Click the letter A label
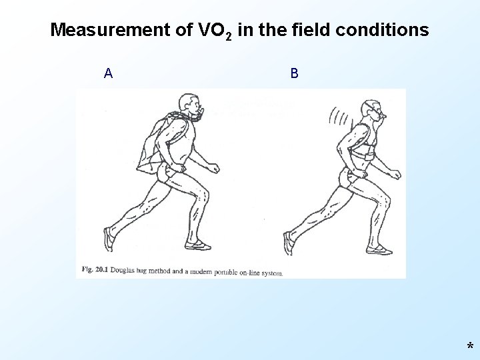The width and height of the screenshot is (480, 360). point(108,73)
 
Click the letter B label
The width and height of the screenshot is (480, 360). point(294,73)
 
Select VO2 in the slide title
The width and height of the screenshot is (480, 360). point(215,31)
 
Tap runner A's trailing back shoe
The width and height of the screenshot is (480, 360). point(109,238)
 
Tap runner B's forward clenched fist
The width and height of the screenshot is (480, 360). point(395,175)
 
